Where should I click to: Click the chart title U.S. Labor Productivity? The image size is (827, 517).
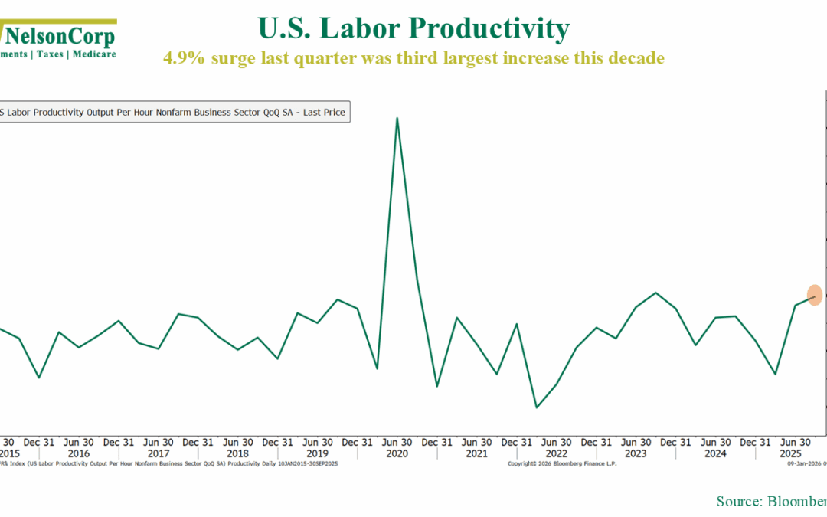pyautogui.click(x=413, y=28)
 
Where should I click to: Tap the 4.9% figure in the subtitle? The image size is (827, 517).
pyautogui.click(x=183, y=57)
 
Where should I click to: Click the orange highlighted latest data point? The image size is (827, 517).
pyautogui.click(x=815, y=295)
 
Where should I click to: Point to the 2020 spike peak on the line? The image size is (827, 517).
pyautogui.click(x=397, y=118)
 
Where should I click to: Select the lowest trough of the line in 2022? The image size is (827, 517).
pyautogui.click(x=536, y=407)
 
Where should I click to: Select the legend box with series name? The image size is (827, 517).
pyautogui.click(x=174, y=112)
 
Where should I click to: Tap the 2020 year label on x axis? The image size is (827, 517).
pyautogui.click(x=397, y=453)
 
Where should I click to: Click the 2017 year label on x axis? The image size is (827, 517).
pyautogui.click(x=158, y=453)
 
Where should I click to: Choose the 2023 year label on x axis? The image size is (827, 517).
pyautogui.click(x=636, y=453)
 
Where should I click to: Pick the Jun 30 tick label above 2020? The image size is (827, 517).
pyautogui.click(x=397, y=442)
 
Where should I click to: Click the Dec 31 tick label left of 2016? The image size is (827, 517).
pyautogui.click(x=38, y=442)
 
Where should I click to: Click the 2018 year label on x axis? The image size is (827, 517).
pyautogui.click(x=237, y=453)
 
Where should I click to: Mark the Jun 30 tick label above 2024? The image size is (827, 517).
pyautogui.click(x=715, y=442)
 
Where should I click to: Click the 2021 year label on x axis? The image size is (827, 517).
pyautogui.click(x=476, y=453)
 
